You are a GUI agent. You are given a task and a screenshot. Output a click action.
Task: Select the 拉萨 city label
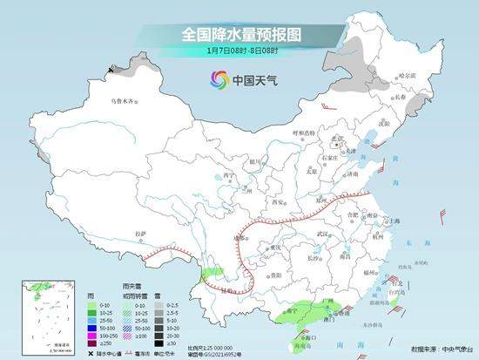[140, 233]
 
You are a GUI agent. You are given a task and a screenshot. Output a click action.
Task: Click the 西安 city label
[280, 201]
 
